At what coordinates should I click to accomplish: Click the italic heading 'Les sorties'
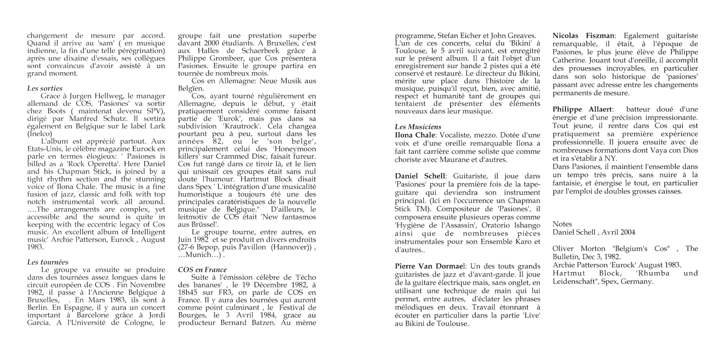pyautogui.click(x=45, y=89)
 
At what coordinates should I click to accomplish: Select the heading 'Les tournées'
pyautogui.click(x=47, y=262)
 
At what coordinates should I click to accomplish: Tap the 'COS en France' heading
pyautogui.click(x=202, y=270)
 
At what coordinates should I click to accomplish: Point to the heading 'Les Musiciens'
pyautogui.click(x=418, y=127)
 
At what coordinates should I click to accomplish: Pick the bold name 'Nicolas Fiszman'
pyautogui.click(x=584, y=36)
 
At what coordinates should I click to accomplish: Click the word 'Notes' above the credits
pyautogui.click(x=562, y=224)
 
